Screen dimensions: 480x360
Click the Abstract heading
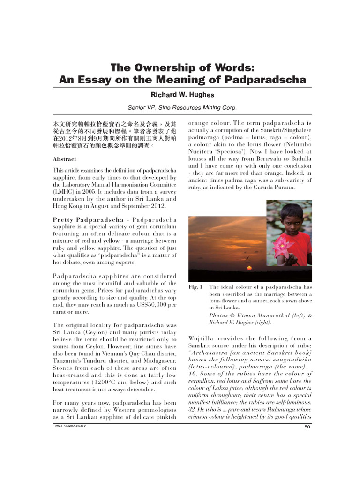(x=64, y=159)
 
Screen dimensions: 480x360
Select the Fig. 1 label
(x=195, y=287)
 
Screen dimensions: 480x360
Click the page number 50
(x=308, y=426)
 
